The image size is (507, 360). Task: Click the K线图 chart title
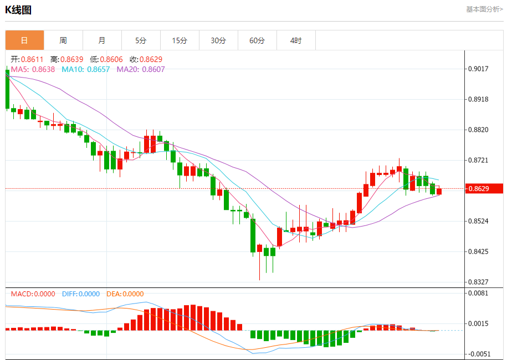pos(18,9)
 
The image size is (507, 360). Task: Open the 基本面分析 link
pos(484,9)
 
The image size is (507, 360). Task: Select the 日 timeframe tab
pos(24,40)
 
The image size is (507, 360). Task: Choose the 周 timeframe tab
pos(63,40)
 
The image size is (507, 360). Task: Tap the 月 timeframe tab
pos(102,40)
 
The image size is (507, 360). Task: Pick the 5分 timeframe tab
pos(141,40)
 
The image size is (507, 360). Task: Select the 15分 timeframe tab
pos(180,40)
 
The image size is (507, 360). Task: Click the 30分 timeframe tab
pos(218,40)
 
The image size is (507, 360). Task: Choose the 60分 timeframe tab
pos(257,40)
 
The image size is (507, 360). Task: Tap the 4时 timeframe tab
pos(296,40)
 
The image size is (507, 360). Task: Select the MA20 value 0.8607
pos(153,69)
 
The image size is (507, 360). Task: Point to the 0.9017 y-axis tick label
pos(478,69)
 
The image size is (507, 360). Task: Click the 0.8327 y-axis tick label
pos(478,282)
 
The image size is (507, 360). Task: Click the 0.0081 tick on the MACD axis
pos(478,293)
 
